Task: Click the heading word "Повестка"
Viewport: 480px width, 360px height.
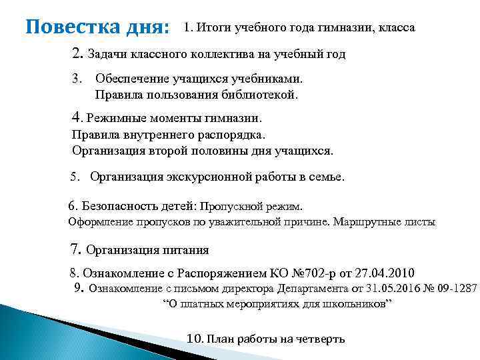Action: click(x=64, y=29)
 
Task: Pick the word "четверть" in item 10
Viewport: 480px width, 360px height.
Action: click(x=320, y=339)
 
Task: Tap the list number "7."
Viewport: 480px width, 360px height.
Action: click(x=75, y=250)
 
